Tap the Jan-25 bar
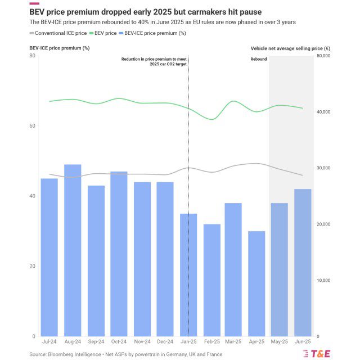coord(188,275)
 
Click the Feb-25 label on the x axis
coord(211,341)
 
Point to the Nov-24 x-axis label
coord(142,341)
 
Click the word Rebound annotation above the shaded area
coord(259,59)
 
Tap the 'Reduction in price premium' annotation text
coord(154,59)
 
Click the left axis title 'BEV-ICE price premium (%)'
coord(60,48)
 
